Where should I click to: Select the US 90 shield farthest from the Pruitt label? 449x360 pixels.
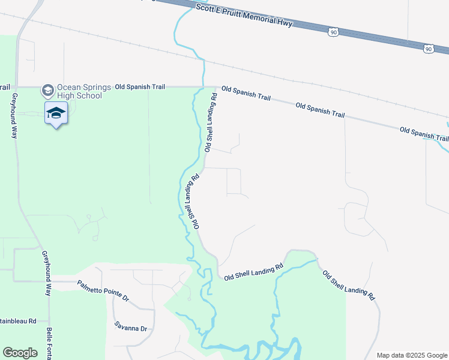(x=427, y=49)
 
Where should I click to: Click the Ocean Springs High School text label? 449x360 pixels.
(x=79, y=91)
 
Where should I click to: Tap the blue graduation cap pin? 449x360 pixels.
(x=56, y=113)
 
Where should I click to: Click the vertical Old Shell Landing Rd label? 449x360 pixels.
(x=210, y=122)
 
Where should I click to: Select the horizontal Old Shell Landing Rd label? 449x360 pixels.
(x=253, y=272)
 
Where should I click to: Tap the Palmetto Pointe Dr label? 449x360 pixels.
(x=103, y=289)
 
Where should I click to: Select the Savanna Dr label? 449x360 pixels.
(x=131, y=328)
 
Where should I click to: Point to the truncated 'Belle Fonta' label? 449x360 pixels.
(x=49, y=344)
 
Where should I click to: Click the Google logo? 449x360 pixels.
(x=20, y=353)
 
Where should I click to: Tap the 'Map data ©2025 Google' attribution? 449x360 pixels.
(x=411, y=355)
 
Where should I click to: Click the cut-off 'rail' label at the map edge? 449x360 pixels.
(x=5, y=87)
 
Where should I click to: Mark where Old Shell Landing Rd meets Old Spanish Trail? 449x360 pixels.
(x=216, y=87)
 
